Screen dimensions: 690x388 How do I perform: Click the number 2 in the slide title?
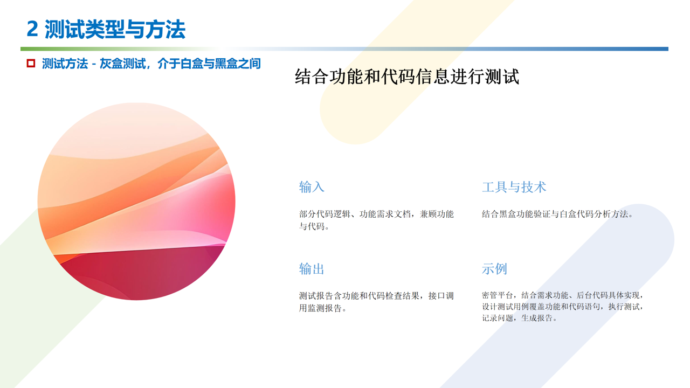pos(32,29)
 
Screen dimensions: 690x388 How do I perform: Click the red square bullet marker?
pos(31,63)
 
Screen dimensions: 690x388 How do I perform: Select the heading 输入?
pos(312,187)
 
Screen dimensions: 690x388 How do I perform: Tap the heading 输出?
pos(312,269)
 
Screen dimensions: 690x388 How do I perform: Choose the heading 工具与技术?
pos(514,187)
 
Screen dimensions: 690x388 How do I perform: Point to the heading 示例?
pos(494,269)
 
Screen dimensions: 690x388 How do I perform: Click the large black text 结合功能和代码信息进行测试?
pos(407,77)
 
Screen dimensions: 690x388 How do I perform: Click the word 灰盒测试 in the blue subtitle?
pos(122,64)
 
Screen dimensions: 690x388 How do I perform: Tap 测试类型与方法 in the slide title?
pos(115,29)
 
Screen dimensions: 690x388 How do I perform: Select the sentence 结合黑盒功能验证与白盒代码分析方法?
pos(555,214)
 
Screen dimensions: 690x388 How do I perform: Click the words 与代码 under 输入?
pos(312,226)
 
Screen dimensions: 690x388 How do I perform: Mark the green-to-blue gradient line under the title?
pos(344,48)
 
